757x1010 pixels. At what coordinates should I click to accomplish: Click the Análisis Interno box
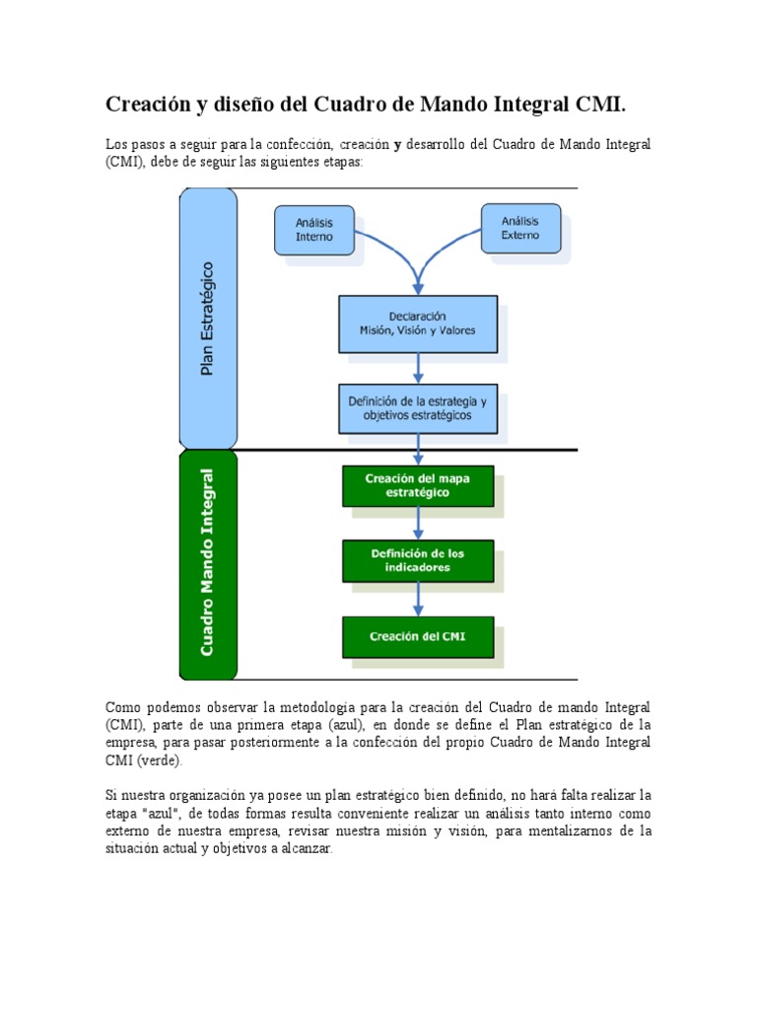point(314,230)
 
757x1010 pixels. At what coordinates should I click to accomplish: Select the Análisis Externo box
point(520,229)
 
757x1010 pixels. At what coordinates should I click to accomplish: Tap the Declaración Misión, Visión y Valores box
point(418,324)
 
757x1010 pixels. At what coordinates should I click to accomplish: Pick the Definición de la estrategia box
point(418,408)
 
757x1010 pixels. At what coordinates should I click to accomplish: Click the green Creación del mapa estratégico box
point(417,485)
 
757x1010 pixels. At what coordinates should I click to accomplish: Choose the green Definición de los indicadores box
point(417,560)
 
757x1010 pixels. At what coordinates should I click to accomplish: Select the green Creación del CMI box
point(417,636)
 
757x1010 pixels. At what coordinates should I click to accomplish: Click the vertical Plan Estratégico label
point(208,318)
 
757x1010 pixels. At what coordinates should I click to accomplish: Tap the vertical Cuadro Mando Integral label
point(208,563)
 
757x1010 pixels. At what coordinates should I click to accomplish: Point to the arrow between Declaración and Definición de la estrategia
point(419,368)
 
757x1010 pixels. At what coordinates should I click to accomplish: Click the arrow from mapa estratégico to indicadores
point(419,523)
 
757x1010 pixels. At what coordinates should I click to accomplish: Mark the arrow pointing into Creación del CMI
point(419,598)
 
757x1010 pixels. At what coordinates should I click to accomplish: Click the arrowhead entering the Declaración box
point(419,287)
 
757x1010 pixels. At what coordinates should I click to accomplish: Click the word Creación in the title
point(148,104)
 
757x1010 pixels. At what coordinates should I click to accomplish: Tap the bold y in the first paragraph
point(397,145)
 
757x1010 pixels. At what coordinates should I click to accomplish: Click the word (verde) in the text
point(159,760)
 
